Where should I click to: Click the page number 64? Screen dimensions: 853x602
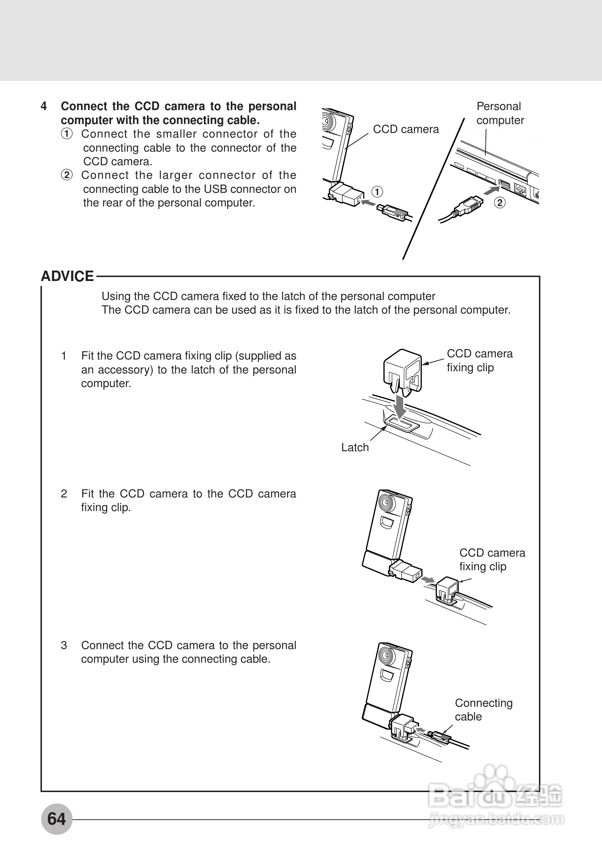[x=57, y=819]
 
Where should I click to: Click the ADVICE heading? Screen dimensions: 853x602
[x=67, y=276]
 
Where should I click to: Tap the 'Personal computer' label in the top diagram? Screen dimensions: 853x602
[x=500, y=113]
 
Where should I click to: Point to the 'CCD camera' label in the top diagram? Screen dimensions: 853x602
[x=406, y=129]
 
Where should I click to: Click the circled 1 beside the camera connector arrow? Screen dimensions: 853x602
[x=377, y=192]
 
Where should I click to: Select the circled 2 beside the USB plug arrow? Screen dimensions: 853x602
[x=500, y=203]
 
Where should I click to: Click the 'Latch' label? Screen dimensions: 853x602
[x=355, y=448]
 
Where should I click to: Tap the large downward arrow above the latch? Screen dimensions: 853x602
[x=400, y=407]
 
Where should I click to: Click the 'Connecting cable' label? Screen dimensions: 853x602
[x=483, y=710]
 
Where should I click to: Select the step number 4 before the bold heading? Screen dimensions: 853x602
[x=43, y=106]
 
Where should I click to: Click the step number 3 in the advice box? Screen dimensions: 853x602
[x=64, y=645]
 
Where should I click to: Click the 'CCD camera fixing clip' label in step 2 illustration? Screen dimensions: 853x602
[x=492, y=559]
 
